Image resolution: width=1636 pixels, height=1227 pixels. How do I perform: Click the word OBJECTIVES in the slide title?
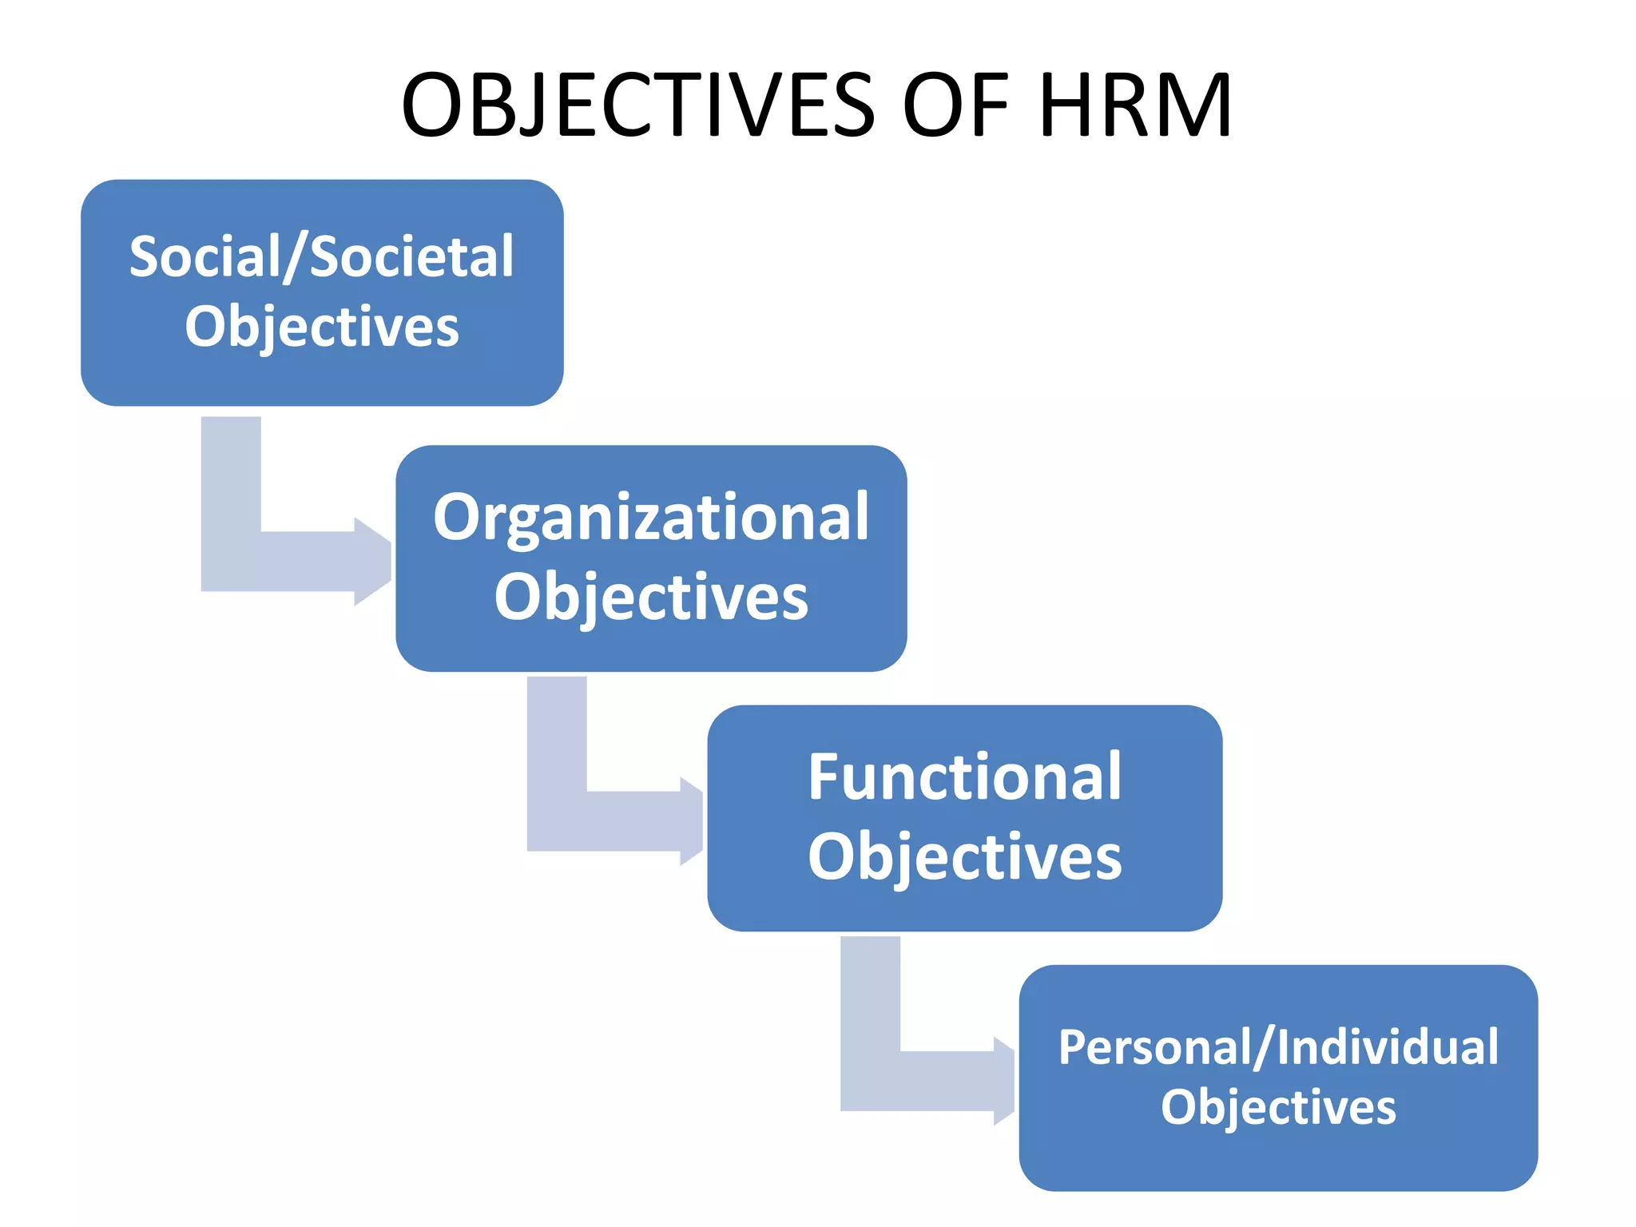click(x=637, y=105)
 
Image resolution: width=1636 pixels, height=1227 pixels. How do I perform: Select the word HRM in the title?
click(x=1134, y=105)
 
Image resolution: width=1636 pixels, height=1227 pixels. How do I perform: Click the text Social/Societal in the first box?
click(x=321, y=257)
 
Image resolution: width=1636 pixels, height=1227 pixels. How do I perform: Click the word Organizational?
click(x=650, y=518)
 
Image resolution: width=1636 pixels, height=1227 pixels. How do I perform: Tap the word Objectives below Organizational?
click(x=650, y=597)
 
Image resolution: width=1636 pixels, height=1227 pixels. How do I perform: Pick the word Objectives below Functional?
click(x=964, y=856)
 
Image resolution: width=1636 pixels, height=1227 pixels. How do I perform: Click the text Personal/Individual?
click(x=1278, y=1047)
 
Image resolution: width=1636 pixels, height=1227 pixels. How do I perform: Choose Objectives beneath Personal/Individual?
click(x=1278, y=1107)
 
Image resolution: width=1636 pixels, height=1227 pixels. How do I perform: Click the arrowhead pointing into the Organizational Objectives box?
click(x=373, y=562)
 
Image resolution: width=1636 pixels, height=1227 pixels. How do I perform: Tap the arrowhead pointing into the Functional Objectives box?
click(x=692, y=821)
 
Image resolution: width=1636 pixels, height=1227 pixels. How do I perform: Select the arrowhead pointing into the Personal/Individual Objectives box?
click(x=1004, y=1081)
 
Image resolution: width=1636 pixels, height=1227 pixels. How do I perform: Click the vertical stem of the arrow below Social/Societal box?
click(x=231, y=479)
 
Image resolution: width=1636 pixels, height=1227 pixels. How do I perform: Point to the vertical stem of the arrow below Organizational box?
click(x=557, y=739)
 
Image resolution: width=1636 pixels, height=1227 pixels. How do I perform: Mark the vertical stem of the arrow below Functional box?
click(x=870, y=999)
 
